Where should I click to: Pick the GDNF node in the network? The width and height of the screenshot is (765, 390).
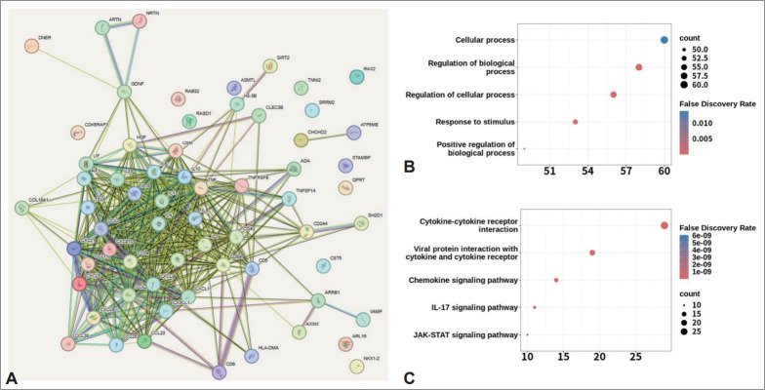124,93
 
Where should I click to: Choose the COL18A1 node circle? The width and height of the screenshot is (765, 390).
22,207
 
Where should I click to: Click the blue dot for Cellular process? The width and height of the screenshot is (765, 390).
664,40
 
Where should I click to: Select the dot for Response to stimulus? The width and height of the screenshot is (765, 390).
576,122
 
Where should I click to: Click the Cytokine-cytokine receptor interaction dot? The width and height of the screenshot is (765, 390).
664,225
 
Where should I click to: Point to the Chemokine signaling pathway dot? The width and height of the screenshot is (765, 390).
556,280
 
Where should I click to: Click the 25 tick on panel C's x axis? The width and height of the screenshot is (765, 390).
635,357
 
